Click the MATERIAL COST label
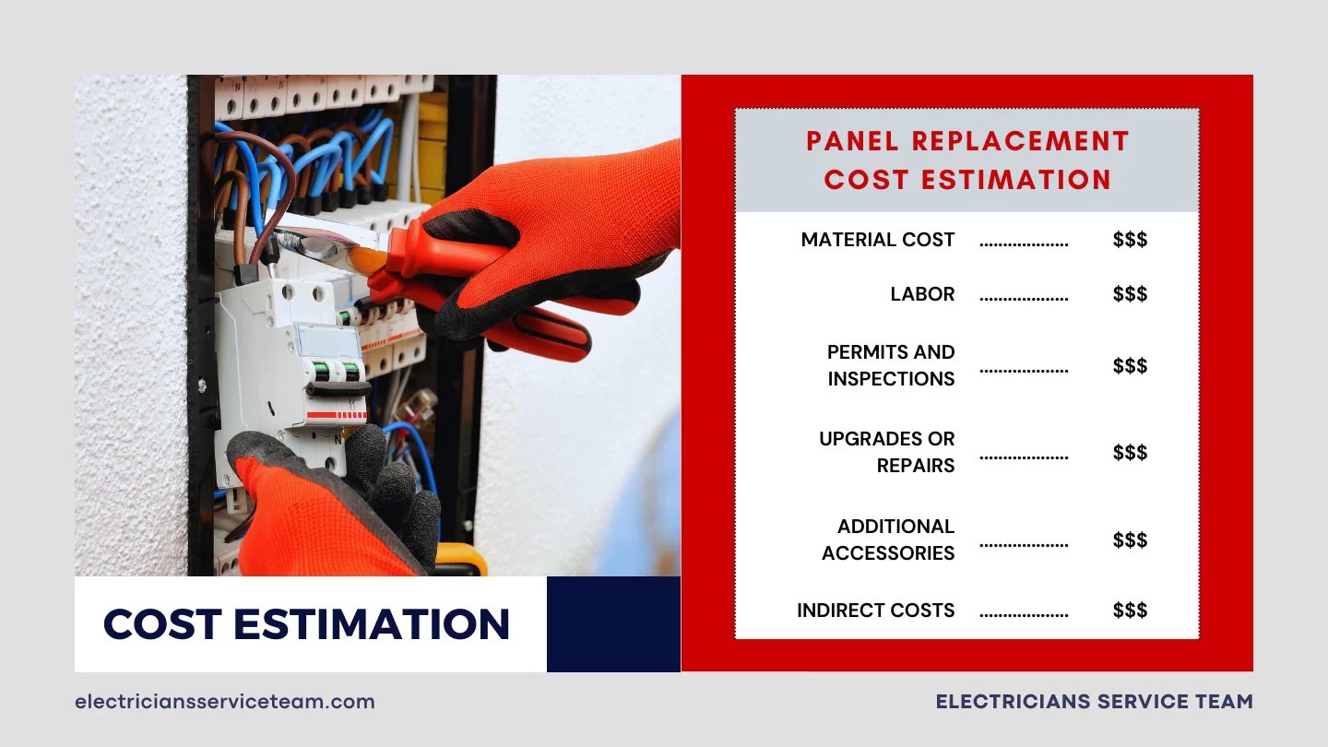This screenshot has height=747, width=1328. pos(877,240)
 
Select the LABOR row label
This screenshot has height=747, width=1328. pos(922,294)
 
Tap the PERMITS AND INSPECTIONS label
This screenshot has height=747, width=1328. pos(890,365)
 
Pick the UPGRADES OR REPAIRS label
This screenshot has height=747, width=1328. pos(886,452)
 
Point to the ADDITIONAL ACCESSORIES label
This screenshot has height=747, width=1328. pos(888,539)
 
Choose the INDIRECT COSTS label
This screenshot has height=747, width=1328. pos(875,611)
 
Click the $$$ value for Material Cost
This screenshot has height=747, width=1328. pos(1130,240)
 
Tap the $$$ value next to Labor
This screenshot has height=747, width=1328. pos(1130,294)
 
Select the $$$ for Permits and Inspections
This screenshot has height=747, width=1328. pos(1130,366)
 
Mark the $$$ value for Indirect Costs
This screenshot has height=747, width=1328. pos(1130,611)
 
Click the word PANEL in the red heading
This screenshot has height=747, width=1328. pos(859,141)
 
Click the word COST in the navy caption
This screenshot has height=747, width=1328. pos(160,624)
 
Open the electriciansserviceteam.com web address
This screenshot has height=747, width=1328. pos(225,702)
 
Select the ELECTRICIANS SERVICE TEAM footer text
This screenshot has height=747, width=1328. pos(1094,702)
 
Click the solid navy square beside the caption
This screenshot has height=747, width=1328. pos(613,624)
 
